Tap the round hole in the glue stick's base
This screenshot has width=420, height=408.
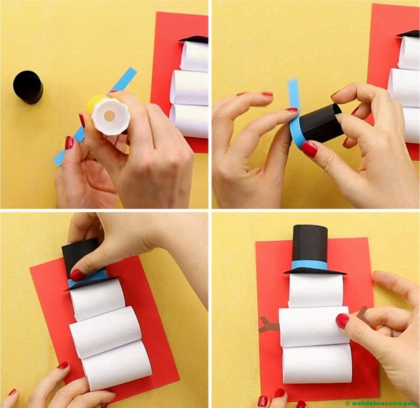tap(109, 116)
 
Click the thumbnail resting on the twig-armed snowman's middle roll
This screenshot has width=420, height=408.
tap(342, 321)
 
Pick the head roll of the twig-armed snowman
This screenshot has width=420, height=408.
tap(315, 291)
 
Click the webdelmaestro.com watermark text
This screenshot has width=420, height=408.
tap(384, 403)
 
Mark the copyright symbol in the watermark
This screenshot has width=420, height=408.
tap(348, 403)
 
